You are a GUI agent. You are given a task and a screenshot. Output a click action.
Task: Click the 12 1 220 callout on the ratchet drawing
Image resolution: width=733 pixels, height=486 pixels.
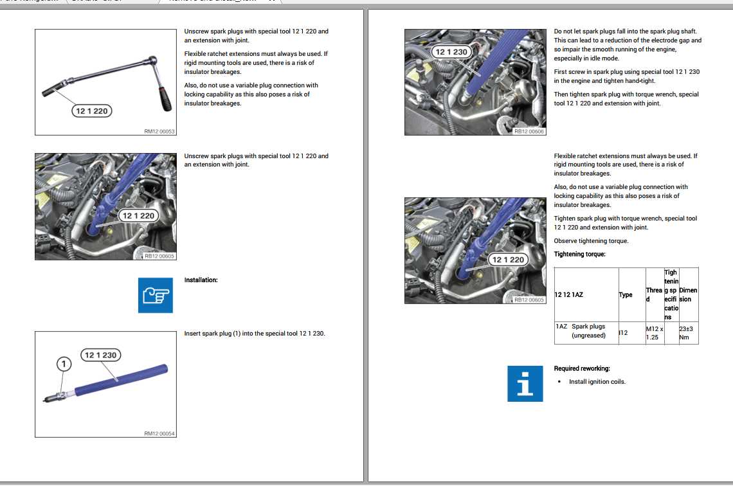coord(92,111)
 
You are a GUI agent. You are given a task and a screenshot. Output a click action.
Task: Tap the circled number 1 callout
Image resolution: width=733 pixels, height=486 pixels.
coord(63,364)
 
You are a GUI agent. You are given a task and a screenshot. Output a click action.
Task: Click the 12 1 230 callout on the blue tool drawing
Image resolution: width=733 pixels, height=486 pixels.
coord(101,355)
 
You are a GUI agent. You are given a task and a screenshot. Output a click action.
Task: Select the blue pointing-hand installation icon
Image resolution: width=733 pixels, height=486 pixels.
coord(156,295)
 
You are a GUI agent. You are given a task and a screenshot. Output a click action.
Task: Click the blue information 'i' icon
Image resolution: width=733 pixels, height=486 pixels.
coord(525,384)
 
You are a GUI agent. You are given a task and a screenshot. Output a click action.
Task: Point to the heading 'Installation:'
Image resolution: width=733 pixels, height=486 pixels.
coord(201,280)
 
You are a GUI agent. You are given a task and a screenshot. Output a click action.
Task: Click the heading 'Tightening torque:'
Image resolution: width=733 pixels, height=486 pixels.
coord(580,255)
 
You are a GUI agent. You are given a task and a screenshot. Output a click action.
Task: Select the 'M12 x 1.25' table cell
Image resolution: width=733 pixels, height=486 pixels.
coord(654,333)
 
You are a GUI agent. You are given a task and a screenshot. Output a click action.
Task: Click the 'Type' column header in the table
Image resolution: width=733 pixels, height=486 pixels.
coord(626,295)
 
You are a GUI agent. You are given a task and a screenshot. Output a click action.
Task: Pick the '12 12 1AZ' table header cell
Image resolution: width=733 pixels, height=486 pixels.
coord(569,295)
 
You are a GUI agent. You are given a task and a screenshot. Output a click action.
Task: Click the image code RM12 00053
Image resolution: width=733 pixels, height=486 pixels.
coord(159,131)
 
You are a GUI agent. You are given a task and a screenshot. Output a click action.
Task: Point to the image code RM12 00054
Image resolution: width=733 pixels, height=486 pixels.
coord(159,433)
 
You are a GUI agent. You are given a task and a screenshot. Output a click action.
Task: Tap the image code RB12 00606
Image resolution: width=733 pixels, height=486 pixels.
coord(529,131)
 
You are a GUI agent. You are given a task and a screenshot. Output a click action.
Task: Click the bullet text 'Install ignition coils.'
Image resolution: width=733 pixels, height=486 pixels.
coord(597,382)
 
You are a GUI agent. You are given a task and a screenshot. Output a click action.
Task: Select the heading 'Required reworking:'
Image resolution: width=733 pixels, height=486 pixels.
coord(582,369)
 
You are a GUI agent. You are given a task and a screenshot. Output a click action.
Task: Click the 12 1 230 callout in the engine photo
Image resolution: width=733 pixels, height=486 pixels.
coord(451,52)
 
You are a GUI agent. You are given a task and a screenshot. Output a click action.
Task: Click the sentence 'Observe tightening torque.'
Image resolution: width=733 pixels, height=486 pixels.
coord(583,241)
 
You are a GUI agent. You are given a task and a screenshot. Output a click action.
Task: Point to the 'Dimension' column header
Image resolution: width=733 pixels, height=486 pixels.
coord(688,294)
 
